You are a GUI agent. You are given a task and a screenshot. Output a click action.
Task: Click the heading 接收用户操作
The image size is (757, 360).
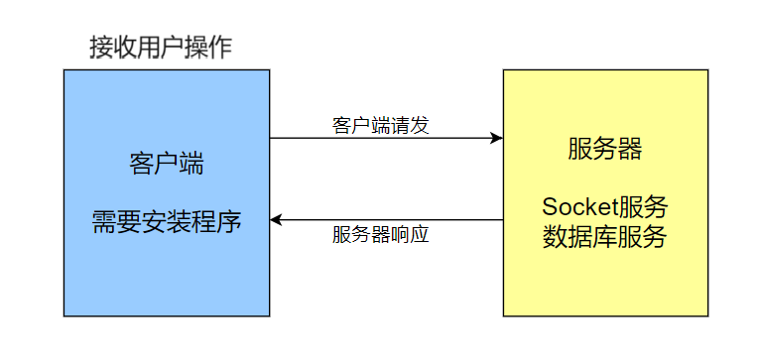coord(161,48)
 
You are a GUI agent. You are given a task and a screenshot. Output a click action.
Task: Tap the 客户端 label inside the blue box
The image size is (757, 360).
coord(167,164)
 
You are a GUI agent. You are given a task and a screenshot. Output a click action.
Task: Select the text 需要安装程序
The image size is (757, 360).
coord(167,220)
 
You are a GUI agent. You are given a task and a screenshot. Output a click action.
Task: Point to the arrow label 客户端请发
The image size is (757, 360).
coord(381,126)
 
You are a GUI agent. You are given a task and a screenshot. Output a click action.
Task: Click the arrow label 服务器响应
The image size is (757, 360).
coord(381,236)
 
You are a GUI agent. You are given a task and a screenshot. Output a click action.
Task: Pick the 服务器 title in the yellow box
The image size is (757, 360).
coord(605,149)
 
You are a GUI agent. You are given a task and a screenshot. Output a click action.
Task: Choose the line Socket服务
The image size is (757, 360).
coord(605,208)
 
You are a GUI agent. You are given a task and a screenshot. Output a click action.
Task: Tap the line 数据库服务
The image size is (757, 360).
coord(605,238)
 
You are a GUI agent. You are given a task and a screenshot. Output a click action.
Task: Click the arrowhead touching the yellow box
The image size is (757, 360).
coord(497,138)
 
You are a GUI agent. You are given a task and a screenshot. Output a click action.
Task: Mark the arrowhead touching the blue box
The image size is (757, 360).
coord(277,220)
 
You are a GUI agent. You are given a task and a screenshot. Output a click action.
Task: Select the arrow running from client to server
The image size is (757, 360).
coord(387,138)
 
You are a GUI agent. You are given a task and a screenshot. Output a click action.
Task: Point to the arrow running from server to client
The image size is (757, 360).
coord(387,220)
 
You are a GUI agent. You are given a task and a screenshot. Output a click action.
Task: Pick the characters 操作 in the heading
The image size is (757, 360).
coord(210,48)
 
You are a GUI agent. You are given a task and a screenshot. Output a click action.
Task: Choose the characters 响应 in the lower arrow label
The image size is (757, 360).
coord(413,236)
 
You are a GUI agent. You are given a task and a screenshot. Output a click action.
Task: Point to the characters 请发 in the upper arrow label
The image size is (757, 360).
coord(413,126)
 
